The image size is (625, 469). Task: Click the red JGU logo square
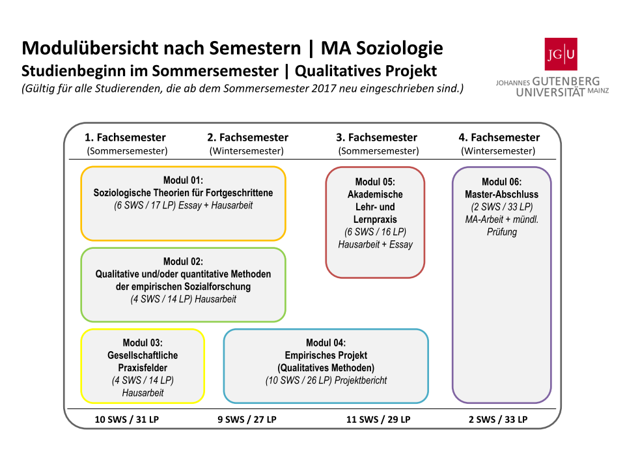click(x=561, y=54)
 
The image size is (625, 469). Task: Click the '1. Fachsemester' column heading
click(x=125, y=137)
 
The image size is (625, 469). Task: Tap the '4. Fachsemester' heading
click(x=499, y=137)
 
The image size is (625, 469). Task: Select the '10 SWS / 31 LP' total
click(x=127, y=419)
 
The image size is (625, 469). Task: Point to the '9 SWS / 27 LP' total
click(x=247, y=419)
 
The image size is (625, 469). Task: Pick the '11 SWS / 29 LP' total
click(x=378, y=419)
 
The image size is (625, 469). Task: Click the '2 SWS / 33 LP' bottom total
click(x=498, y=419)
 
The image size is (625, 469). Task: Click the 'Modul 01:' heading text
click(x=183, y=180)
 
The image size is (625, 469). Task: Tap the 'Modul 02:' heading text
click(x=183, y=262)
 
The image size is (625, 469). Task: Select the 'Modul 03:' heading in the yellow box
click(x=143, y=343)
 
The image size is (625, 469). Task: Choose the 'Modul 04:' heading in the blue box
click(x=326, y=343)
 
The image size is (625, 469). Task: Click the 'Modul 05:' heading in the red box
click(x=375, y=182)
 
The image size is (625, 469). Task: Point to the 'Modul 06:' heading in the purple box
click(x=501, y=182)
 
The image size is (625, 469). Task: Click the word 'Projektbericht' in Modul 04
click(x=361, y=380)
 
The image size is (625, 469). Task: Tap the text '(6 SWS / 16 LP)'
click(x=375, y=232)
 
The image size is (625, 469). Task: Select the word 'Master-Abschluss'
click(x=501, y=195)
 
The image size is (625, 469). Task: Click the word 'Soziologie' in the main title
click(x=399, y=48)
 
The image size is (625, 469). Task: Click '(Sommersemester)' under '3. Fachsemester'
click(x=378, y=151)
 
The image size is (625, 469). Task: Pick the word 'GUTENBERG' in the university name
click(x=566, y=81)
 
